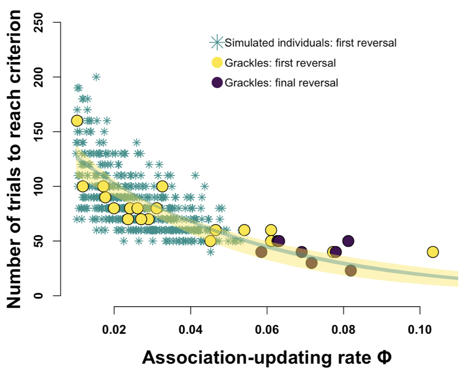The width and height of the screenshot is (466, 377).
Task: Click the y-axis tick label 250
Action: pyautogui.click(x=44, y=22)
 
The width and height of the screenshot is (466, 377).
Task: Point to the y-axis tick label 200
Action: pyautogui.click(x=44, y=77)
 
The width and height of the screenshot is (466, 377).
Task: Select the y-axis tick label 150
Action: pyautogui.click(x=44, y=132)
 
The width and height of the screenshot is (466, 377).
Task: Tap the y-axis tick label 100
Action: pyautogui.click(x=44, y=186)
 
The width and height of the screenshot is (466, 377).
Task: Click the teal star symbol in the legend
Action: pyautogui.click(x=217, y=43)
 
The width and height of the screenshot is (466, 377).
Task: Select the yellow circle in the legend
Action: pyautogui.click(x=217, y=63)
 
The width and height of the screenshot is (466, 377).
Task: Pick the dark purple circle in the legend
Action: pyautogui.click(x=217, y=82)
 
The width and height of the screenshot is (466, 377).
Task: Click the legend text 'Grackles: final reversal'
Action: pyautogui.click(x=281, y=82)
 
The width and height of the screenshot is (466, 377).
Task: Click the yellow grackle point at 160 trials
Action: pyautogui.click(x=77, y=121)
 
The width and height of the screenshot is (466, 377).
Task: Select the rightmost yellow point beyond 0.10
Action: pyautogui.click(x=433, y=252)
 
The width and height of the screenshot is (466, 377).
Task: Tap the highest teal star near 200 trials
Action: pyautogui.click(x=96, y=77)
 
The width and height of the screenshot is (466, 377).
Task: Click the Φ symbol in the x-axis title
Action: pyautogui.click(x=382, y=358)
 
